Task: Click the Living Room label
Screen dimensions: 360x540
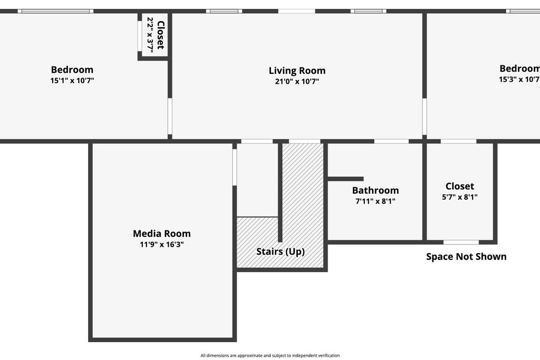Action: pos(297,71)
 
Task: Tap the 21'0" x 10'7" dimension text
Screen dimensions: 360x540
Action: pos(297,82)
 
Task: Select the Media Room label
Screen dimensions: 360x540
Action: pos(161,233)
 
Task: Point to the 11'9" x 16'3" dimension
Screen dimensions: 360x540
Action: pos(161,245)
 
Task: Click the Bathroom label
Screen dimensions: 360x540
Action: pos(375,190)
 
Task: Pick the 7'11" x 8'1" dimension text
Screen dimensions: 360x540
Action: pos(375,201)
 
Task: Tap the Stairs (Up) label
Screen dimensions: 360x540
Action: pos(280,251)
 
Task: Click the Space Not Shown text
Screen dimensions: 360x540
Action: pos(466,257)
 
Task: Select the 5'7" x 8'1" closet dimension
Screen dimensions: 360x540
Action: pos(459,197)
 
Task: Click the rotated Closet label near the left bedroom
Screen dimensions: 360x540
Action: pos(161,35)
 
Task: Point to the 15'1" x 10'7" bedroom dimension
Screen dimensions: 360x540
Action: pos(72,81)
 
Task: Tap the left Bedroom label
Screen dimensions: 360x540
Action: pos(72,70)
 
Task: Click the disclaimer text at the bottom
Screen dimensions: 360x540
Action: pos(269,355)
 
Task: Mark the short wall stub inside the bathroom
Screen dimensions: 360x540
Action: pos(345,179)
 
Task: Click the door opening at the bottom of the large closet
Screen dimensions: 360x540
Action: pos(460,242)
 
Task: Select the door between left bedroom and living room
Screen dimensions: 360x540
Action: pos(170,116)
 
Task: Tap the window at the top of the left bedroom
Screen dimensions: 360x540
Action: pos(55,11)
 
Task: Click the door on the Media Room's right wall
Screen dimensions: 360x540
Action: pos(235,167)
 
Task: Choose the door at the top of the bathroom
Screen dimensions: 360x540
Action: pos(391,141)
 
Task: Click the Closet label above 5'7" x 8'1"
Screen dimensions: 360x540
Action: pos(459,186)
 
